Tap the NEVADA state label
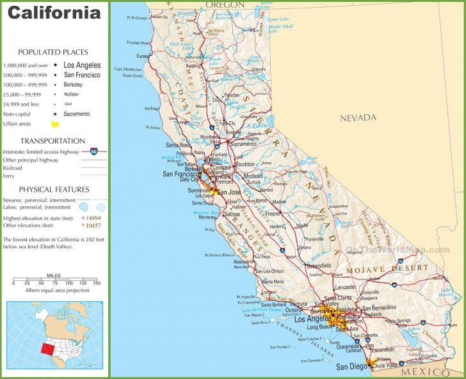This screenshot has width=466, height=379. tap(358, 117)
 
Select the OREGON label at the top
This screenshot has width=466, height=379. tap(225, 4)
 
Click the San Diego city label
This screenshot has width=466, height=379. tap(351, 367)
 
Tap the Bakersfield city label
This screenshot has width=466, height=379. tap(318, 265)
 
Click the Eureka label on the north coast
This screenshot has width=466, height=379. tap(141, 56)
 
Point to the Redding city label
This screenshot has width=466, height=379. tap(192, 65)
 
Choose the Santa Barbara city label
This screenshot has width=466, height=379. tap(273, 305)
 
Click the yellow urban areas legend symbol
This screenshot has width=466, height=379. tap(56, 123)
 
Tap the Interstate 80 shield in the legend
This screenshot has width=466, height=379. tap(94, 151)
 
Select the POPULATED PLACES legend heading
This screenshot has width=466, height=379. tap(53, 52)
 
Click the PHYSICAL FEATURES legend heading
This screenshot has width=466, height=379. tap(53, 189)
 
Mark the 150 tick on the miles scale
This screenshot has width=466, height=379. tap(95, 283)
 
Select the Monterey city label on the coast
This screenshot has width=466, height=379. tap(207, 217)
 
